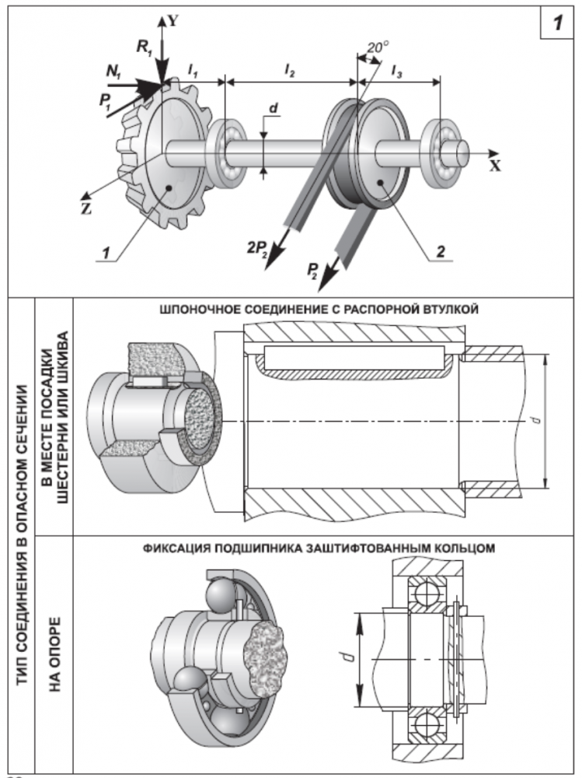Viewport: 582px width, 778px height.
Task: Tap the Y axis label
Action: pyautogui.click(x=173, y=21)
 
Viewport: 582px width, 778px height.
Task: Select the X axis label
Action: pyautogui.click(x=495, y=166)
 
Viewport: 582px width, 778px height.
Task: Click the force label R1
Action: pyautogui.click(x=145, y=47)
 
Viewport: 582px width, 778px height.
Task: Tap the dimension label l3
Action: pyautogui.click(x=397, y=71)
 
